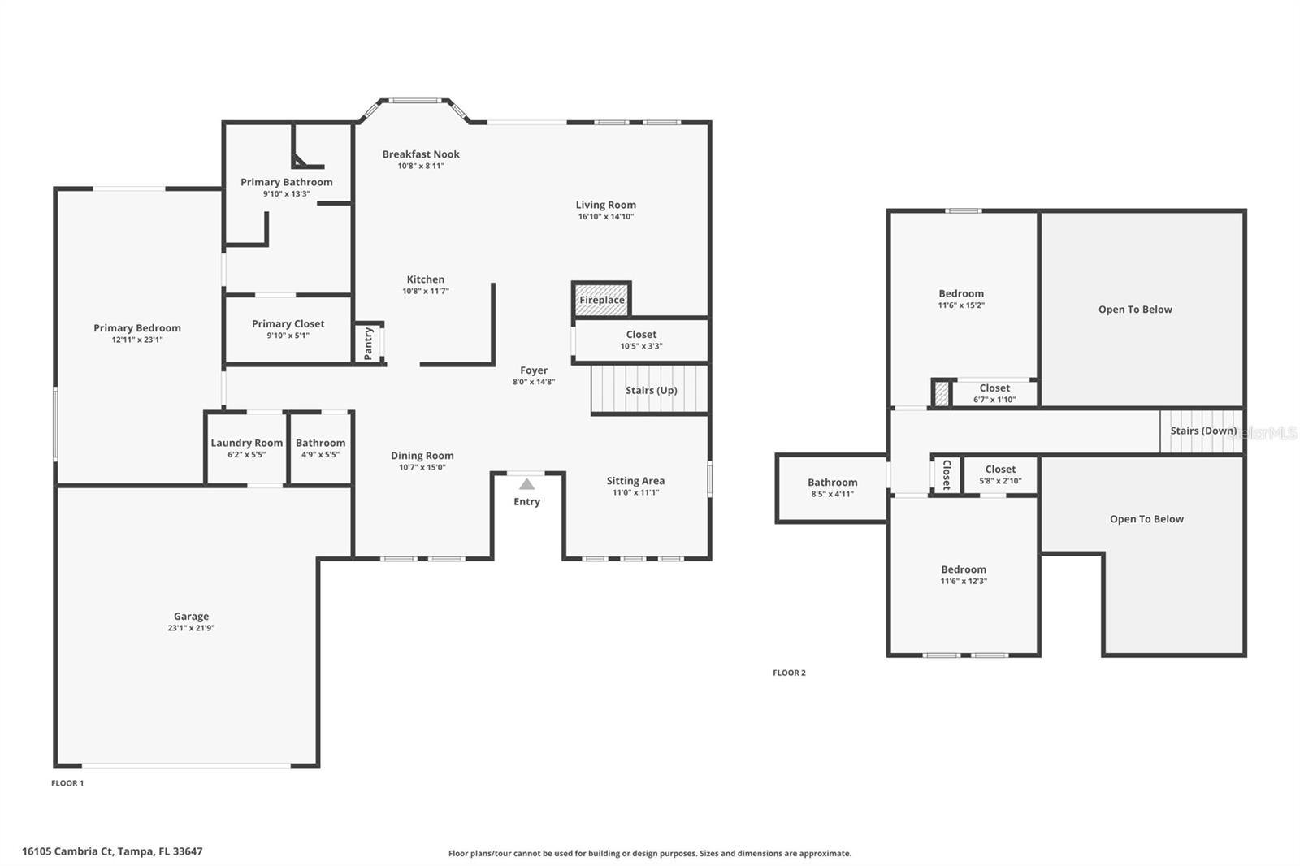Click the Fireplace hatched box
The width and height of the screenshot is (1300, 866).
pyautogui.click(x=602, y=299)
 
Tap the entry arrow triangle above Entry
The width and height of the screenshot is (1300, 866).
pyautogui.click(x=527, y=484)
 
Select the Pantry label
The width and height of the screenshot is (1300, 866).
pyautogui.click(x=369, y=343)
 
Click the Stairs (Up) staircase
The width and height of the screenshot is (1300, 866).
pyautogui.click(x=650, y=390)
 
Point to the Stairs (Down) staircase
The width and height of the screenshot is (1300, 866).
pyautogui.click(x=1202, y=431)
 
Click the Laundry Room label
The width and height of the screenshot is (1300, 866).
pyautogui.click(x=247, y=443)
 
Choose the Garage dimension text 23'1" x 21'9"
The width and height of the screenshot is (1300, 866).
pyautogui.click(x=191, y=628)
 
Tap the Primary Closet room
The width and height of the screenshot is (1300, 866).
pyautogui.click(x=288, y=329)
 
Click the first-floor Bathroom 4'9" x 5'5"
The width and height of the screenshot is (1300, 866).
pyautogui.click(x=320, y=448)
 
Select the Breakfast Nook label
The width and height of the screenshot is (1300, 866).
pyautogui.click(x=421, y=154)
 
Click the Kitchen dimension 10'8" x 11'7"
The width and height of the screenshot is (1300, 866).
pyautogui.click(x=425, y=291)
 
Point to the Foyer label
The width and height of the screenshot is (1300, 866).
pyautogui.click(x=534, y=370)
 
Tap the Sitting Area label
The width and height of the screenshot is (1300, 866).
pyautogui.click(x=635, y=481)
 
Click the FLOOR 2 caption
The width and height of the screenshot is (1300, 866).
pyautogui.click(x=789, y=673)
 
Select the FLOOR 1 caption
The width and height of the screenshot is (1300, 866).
pyautogui.click(x=67, y=783)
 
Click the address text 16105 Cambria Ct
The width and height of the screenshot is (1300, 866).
pyautogui.click(x=112, y=851)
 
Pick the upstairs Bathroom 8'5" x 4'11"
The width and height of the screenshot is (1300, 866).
pyautogui.click(x=832, y=487)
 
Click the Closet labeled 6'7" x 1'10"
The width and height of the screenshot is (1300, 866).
pyautogui.click(x=994, y=393)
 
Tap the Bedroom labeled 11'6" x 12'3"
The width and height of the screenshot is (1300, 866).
pyautogui.click(x=964, y=575)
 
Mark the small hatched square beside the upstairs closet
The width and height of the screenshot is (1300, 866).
pyautogui.click(x=942, y=394)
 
